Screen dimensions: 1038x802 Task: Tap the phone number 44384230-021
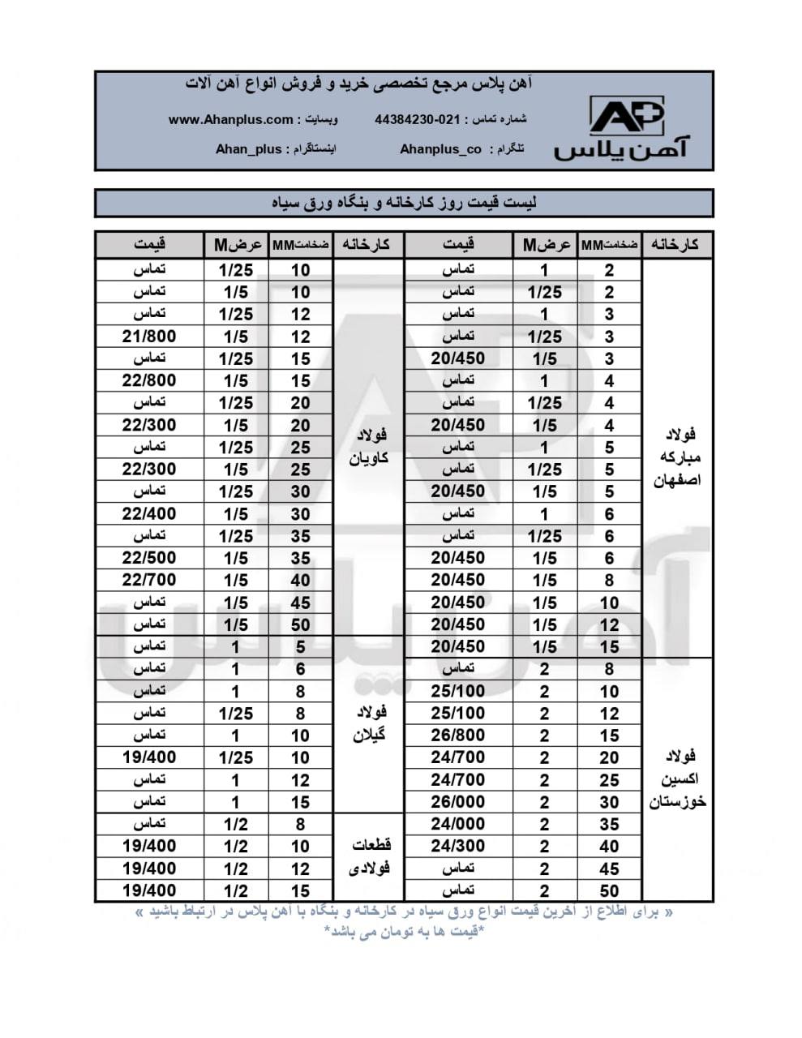(417, 119)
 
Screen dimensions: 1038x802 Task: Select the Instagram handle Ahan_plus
(248, 149)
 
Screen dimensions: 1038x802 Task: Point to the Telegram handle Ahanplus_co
(440, 149)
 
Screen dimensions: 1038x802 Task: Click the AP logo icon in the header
(626, 115)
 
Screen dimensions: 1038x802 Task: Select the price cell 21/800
(149, 336)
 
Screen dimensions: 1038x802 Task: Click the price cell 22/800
(149, 380)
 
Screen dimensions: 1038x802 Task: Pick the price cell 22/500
(149, 558)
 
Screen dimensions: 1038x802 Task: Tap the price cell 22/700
(149, 580)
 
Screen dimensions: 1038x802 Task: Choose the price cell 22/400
(149, 513)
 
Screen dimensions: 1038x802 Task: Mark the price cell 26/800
(458, 736)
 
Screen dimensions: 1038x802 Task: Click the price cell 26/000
(458, 802)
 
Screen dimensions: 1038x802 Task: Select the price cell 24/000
(458, 824)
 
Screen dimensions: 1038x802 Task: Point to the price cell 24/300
(458, 846)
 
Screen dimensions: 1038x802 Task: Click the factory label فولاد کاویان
(369, 447)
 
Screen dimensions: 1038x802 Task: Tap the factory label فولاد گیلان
(369, 723)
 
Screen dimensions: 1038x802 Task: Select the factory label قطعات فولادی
(369, 856)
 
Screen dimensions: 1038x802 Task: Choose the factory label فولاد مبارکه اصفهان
(677, 457)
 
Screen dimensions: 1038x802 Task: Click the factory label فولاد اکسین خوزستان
(677, 779)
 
